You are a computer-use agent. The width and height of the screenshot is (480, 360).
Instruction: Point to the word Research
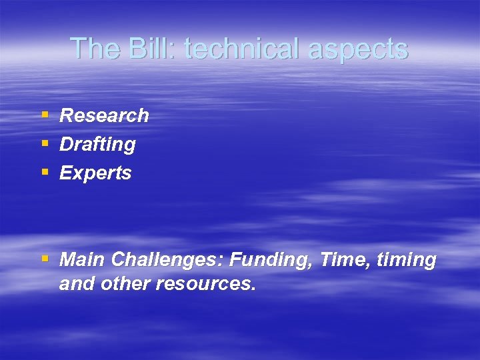coord(104,115)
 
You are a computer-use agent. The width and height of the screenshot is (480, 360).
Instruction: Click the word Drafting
coord(97,144)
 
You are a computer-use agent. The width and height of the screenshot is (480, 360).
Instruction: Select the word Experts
coord(95,173)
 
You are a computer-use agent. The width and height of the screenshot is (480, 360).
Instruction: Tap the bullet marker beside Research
coord(45,115)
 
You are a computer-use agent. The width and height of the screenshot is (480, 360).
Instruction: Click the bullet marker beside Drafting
coord(45,144)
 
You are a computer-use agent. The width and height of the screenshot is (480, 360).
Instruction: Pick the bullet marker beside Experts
coord(45,173)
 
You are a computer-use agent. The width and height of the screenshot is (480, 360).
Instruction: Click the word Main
coord(83,259)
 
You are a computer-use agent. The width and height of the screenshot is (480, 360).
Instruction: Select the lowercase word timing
coord(407,260)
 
